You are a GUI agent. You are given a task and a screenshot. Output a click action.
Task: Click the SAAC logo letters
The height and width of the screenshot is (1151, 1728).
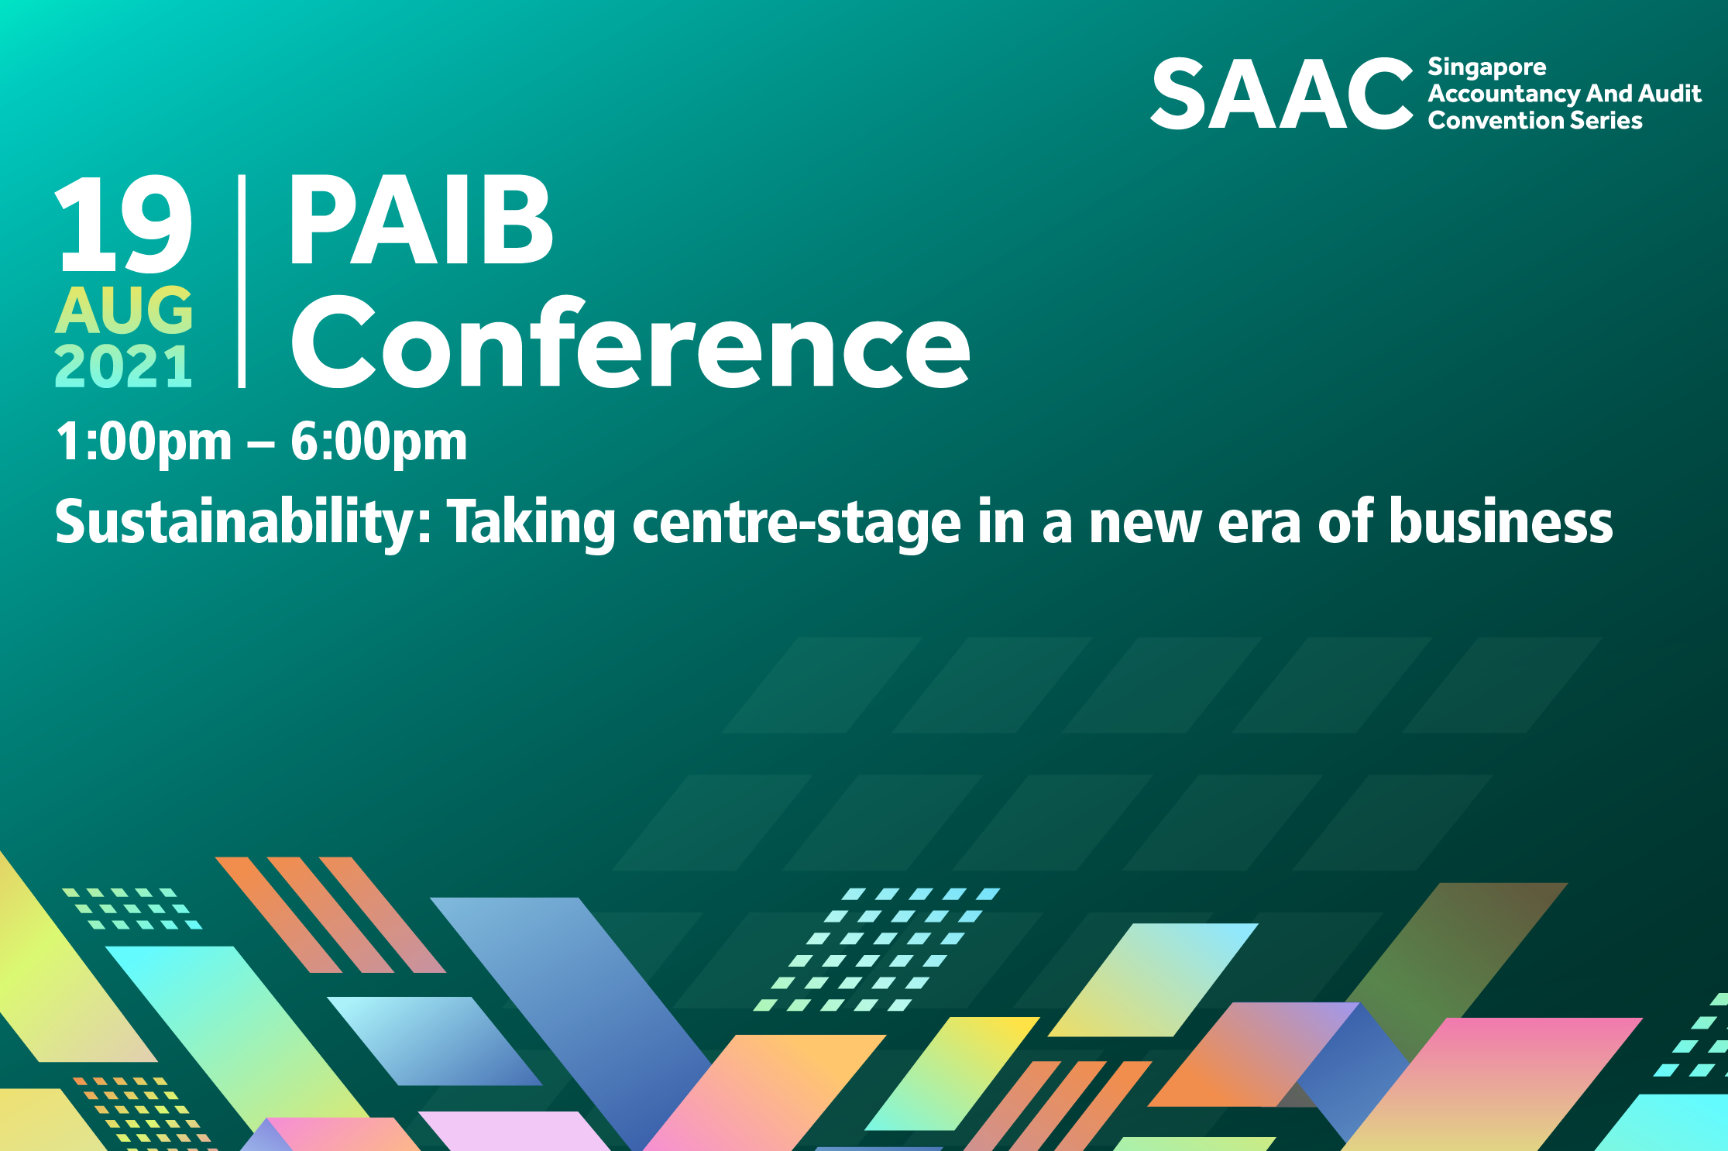coord(1282,94)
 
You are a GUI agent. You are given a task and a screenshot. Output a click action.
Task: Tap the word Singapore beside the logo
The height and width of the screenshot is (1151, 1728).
coord(1487,68)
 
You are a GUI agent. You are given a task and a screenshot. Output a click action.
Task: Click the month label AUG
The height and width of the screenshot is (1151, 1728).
coord(124,310)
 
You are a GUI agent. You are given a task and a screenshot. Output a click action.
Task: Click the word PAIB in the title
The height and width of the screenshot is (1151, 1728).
coord(421,219)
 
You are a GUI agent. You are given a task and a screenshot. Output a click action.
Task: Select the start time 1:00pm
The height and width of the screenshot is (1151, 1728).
coord(143,442)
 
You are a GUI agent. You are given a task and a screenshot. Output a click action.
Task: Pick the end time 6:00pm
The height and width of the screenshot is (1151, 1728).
coord(379,442)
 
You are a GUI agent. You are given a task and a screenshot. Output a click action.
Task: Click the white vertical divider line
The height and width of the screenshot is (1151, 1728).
coord(242,281)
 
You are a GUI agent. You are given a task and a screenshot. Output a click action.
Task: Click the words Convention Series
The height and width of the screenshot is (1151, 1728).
coord(1535,121)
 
